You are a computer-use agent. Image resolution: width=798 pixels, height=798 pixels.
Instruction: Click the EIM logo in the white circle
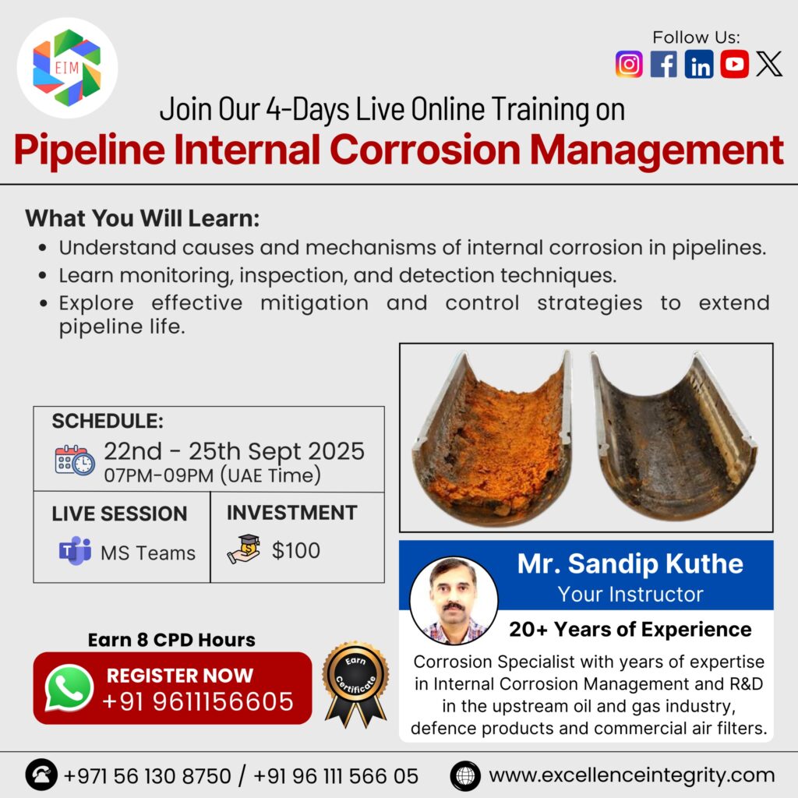point(67,68)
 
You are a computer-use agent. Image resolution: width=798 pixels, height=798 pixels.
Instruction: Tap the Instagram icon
point(629,64)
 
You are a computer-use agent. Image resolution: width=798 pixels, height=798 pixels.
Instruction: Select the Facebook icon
point(664,64)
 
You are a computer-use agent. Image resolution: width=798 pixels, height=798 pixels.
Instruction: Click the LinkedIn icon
point(699,64)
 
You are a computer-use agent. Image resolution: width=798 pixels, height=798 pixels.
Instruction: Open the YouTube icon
point(734,64)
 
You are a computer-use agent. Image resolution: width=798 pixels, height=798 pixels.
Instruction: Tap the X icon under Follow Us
point(769,64)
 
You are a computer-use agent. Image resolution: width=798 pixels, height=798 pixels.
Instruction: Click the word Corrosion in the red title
point(425,150)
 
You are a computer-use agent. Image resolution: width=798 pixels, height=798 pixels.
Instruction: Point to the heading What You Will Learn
point(143,218)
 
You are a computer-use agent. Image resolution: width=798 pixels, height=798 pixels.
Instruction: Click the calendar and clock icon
point(75,460)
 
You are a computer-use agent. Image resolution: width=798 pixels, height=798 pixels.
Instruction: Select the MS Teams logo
point(76,551)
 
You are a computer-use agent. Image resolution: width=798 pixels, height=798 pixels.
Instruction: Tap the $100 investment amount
point(295,551)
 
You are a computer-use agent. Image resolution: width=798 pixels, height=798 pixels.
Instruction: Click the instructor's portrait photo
point(454,601)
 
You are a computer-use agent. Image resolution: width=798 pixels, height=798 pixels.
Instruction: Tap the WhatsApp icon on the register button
point(69,687)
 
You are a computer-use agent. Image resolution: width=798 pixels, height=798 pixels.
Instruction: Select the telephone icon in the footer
point(41,775)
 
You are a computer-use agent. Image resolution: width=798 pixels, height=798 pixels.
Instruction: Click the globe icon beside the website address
point(465,775)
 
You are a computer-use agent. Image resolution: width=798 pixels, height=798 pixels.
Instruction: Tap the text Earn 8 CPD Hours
point(171,640)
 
